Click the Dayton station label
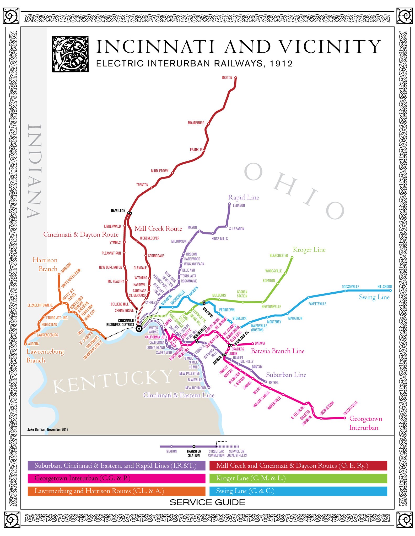227,78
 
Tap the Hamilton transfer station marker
130,213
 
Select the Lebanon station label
239,205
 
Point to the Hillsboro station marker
390,290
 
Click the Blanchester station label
279,255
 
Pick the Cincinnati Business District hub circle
139,328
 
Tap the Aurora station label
33,344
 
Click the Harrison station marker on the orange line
59,274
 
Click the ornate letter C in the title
70,54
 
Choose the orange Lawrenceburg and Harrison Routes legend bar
116,491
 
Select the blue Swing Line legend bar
298,491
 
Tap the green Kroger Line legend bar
298,478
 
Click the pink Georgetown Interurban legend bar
116,478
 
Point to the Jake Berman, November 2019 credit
48,429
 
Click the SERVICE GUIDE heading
207,502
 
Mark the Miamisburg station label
196,123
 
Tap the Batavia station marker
253,343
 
